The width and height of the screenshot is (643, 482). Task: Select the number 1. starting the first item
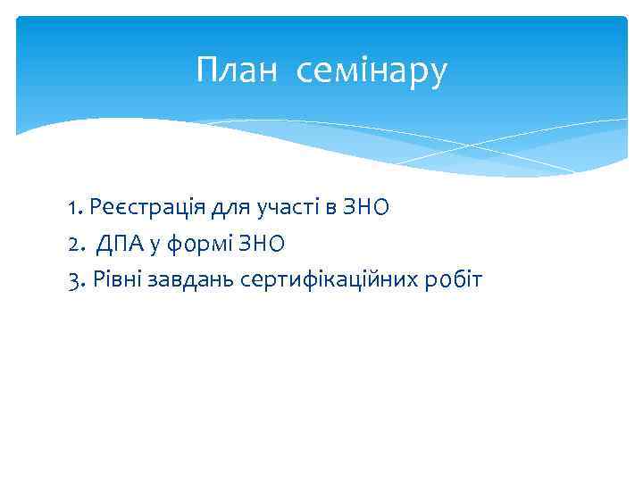[x=75, y=209]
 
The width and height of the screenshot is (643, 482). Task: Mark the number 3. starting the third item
[x=76, y=281]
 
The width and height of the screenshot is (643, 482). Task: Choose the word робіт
[x=454, y=281]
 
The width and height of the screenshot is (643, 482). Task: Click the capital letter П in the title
[x=207, y=71]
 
